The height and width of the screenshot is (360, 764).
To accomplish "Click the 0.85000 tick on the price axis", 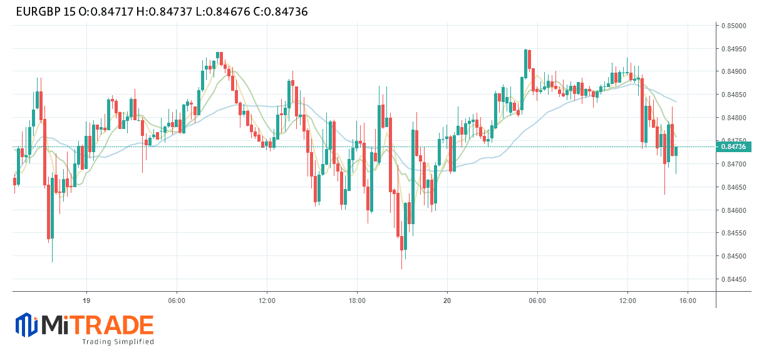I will coord(733,26).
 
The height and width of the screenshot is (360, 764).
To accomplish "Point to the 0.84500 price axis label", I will coord(733,256).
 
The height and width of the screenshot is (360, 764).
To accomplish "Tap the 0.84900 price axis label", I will coord(733,72).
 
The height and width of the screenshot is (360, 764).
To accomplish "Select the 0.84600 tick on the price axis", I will coord(733,210).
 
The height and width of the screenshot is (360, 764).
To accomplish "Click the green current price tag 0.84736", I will coord(734,147).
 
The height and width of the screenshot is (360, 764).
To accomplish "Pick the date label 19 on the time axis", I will coord(86,301).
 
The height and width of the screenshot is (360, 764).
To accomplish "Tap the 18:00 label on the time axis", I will coord(357,301).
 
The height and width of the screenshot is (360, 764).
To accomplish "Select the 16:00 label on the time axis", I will coord(688,301).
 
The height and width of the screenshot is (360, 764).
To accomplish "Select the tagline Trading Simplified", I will coord(118,342).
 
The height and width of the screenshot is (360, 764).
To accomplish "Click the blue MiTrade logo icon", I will coord(26,325).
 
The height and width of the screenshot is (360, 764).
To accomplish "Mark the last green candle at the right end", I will coord(676,151).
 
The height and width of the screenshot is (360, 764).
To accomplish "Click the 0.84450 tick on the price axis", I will coord(733,279).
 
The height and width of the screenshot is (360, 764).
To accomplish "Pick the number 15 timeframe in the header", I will coord(70,12).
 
